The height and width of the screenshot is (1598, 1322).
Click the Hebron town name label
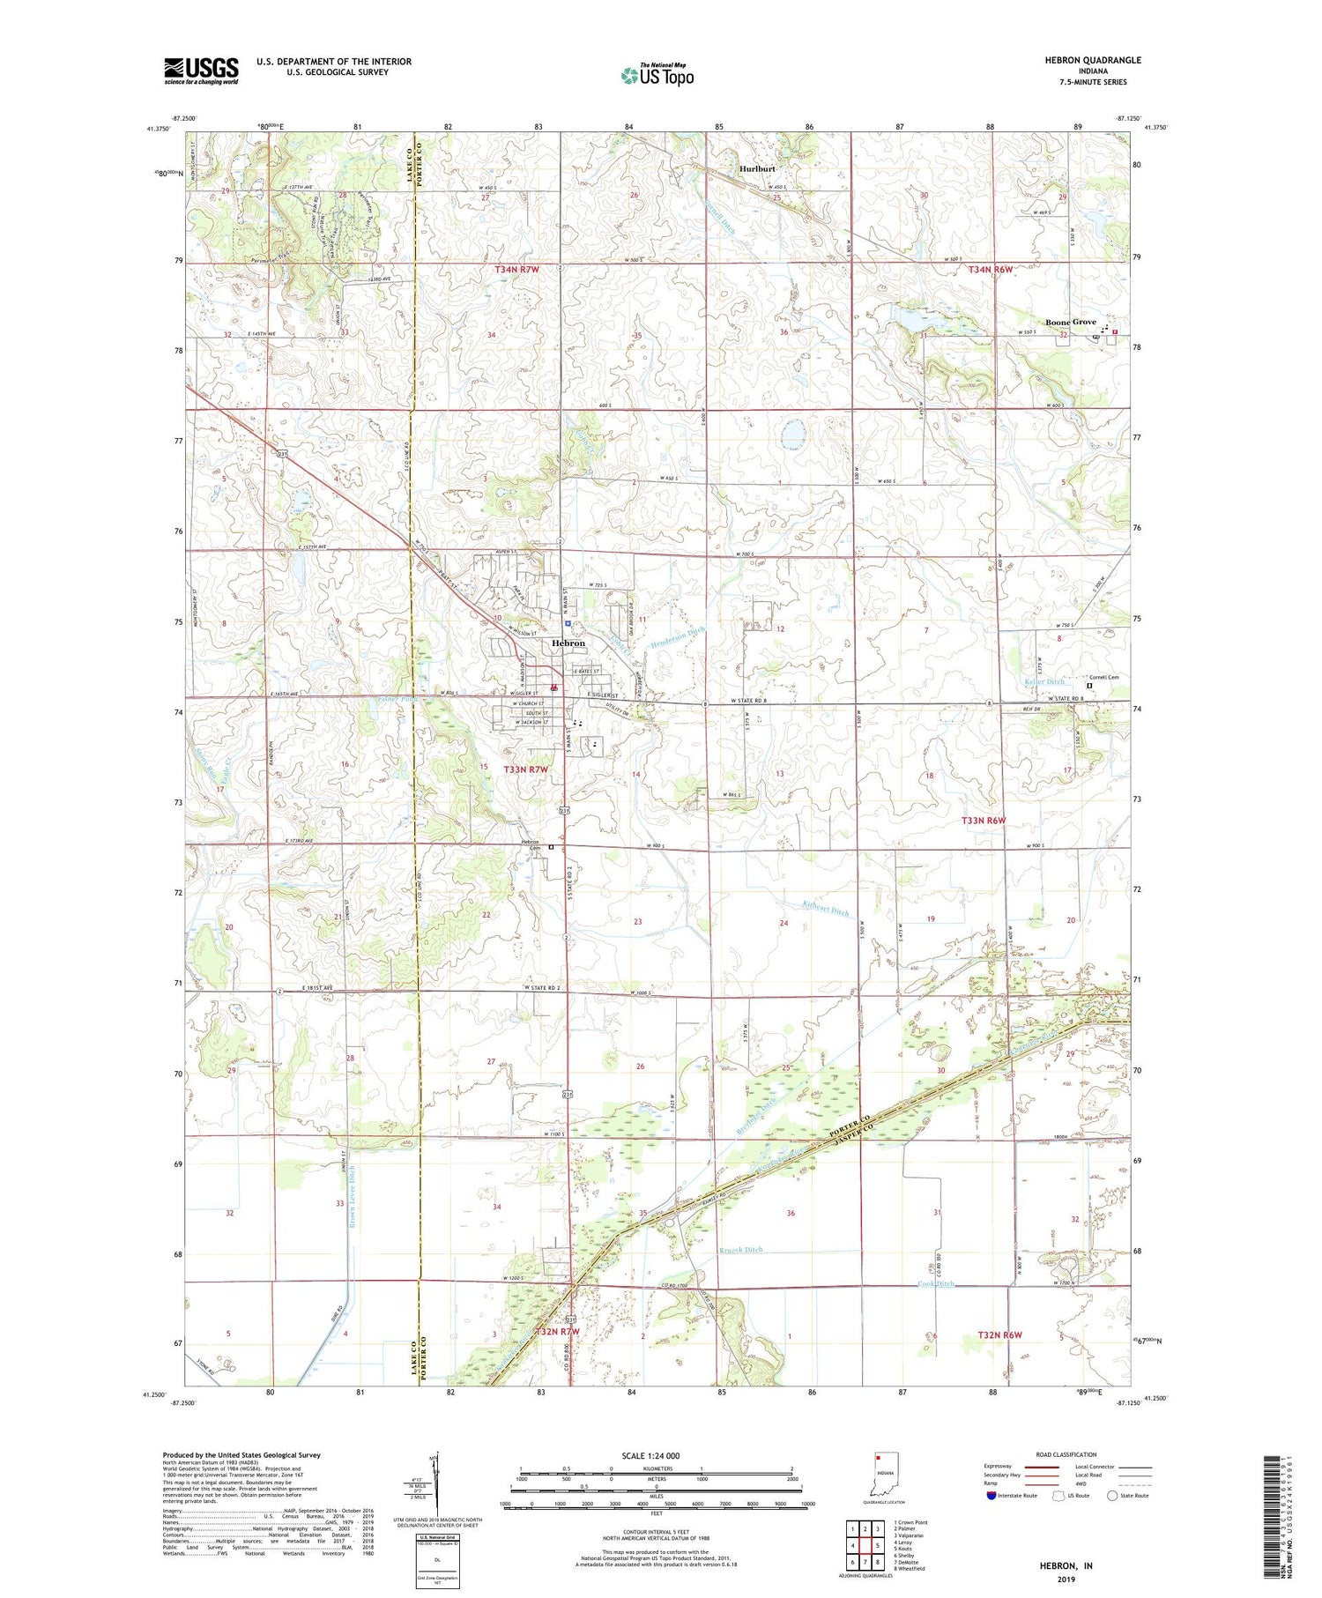pyautogui.click(x=568, y=643)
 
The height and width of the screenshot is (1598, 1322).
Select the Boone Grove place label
pyautogui.click(x=1070, y=323)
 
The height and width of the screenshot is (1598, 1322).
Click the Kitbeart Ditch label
pyautogui.click(x=826, y=909)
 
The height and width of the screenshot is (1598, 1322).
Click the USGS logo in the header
pyautogui.click(x=201, y=71)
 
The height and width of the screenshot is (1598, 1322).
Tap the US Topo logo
pyautogui.click(x=657, y=76)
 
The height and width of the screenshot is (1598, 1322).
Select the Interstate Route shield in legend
pyautogui.click(x=991, y=1496)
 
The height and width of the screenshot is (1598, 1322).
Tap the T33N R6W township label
pyautogui.click(x=983, y=821)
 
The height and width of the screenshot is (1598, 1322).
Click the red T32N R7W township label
pyautogui.click(x=557, y=1332)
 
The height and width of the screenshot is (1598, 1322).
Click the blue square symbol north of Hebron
pyautogui.click(x=568, y=623)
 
